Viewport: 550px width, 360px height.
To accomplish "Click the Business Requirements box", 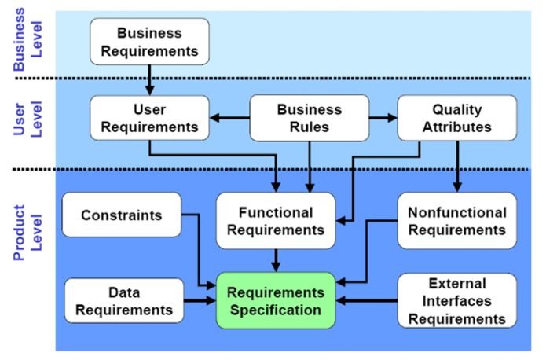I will coord(149,42).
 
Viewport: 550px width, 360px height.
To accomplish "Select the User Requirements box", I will coord(150,117).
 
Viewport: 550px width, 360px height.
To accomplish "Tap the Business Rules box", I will coord(309,117).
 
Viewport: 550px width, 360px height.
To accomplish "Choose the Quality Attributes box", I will coord(456,117).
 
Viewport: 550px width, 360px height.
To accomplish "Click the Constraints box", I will coord(121,214).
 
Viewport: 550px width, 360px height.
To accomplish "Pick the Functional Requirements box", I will coord(275,221).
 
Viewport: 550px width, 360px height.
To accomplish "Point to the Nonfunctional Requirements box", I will coord(456,221).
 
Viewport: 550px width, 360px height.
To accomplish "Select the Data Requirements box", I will coord(123,300).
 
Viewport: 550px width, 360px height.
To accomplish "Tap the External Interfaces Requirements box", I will coord(456,300).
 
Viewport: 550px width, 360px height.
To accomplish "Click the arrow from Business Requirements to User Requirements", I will coord(149,81).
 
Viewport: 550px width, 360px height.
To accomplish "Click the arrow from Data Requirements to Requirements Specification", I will coord(200,300).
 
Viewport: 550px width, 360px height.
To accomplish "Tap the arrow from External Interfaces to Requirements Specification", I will coord(366,300).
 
